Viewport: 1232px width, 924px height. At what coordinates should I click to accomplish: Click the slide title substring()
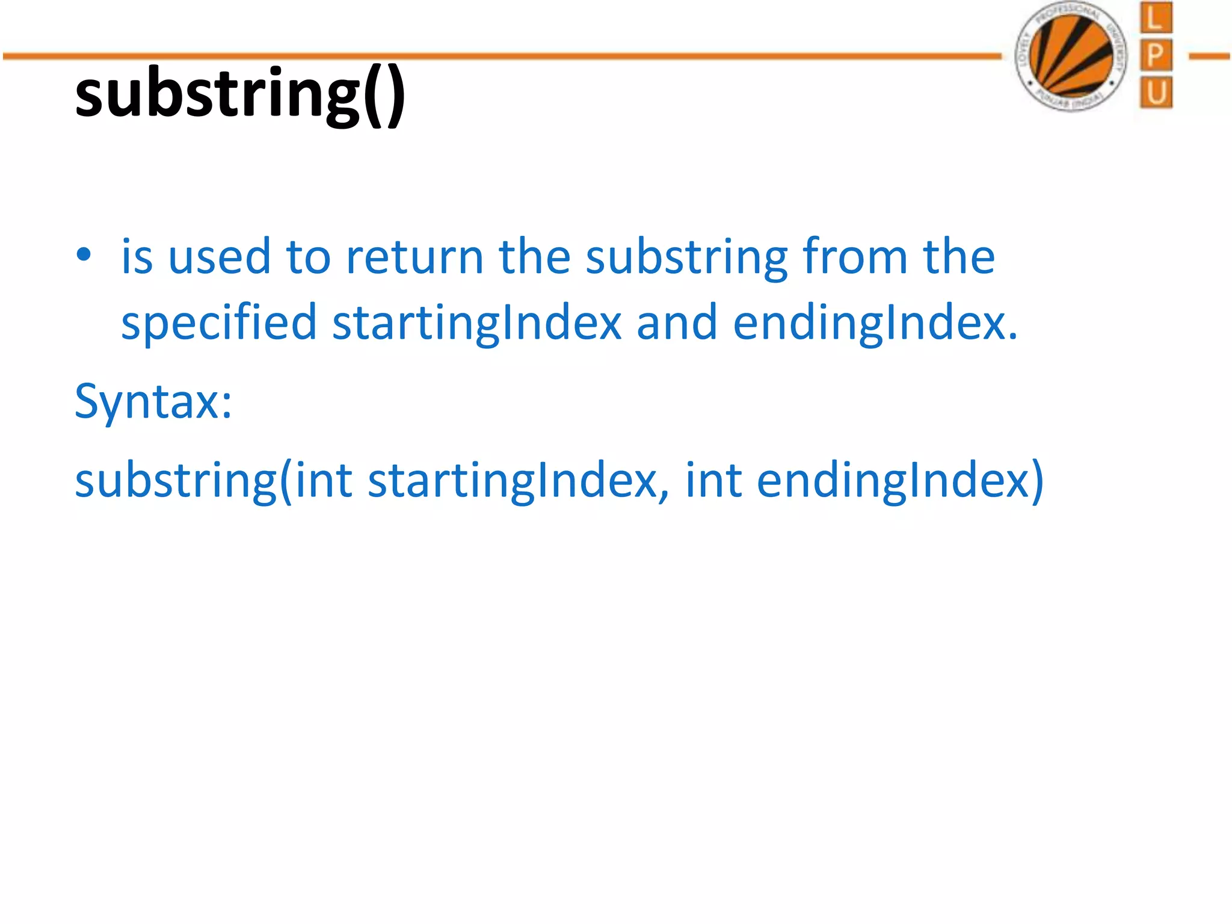(239, 94)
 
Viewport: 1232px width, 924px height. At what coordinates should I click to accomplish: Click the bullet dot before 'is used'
(84, 255)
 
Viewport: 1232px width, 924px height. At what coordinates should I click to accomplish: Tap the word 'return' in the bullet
(415, 257)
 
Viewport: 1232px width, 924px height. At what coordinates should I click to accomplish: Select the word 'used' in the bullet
(220, 257)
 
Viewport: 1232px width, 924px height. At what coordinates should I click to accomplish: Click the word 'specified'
(218, 324)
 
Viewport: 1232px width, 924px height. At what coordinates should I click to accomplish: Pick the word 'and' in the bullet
(677, 324)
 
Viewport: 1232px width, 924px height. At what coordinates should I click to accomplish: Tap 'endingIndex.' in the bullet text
(875, 324)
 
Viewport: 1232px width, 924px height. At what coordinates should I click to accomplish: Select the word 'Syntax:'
(153, 402)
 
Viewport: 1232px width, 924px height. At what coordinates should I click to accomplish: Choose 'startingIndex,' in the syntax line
(518, 481)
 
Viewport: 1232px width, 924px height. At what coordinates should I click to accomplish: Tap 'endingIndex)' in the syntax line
(900, 481)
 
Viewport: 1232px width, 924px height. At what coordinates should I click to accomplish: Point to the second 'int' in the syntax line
(713, 481)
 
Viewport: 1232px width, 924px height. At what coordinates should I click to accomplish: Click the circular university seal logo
(1071, 56)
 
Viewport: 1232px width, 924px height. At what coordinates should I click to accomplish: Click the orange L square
(1156, 18)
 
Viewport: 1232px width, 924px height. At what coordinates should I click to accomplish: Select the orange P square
(1156, 56)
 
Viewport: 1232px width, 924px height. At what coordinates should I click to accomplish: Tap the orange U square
(1156, 93)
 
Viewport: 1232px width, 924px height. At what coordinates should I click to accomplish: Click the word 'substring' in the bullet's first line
(686, 257)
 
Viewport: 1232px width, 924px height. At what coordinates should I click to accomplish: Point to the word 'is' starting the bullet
(137, 257)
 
